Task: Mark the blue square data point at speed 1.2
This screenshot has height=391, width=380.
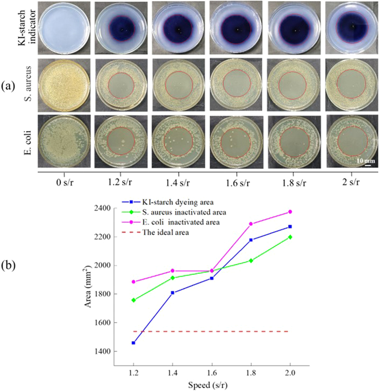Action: click(134, 343)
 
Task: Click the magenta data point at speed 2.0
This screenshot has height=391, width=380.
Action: click(290, 211)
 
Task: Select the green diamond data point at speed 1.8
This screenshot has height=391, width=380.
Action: click(251, 260)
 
